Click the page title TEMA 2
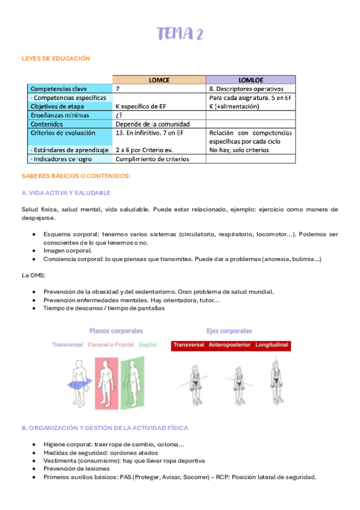pos(180,34)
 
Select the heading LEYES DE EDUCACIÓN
pos(55,58)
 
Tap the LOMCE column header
pos(159,79)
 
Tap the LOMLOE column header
pos(251,79)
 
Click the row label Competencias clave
pos(59,88)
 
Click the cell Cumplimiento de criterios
pos(152,159)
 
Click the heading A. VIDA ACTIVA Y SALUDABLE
pos(66,192)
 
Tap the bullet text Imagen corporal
pos(67,250)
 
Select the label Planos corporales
pos(116,330)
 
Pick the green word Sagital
pos(147,345)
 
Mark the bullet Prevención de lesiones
pos(76,469)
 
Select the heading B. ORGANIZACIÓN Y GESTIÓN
pos(105,428)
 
